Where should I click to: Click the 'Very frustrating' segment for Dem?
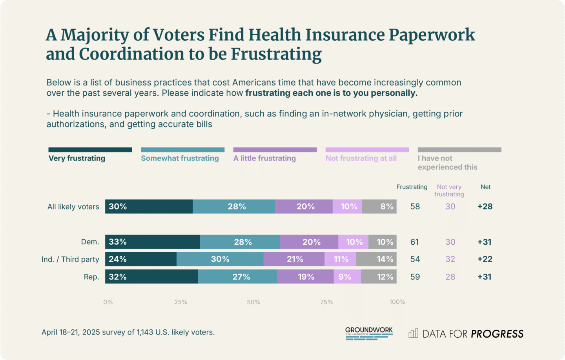point(152,242)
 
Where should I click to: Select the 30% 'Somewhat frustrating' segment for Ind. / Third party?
point(220,259)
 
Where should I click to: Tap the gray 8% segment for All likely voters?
point(379,207)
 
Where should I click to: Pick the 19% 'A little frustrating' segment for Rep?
point(305,277)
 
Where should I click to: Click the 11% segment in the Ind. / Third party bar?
point(340,259)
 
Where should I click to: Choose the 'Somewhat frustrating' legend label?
point(180,158)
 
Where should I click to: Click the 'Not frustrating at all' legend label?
point(361,158)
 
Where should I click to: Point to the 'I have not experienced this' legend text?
point(447,163)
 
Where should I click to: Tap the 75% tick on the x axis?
point(326,302)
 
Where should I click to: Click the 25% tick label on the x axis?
point(180,302)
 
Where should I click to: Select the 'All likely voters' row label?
point(73,207)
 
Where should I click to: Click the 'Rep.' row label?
point(91,277)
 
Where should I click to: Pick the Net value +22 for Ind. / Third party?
point(485,259)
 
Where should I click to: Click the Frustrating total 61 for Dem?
point(415,242)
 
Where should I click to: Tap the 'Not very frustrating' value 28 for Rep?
point(450,277)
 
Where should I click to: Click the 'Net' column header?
point(485,187)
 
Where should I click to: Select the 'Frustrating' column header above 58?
point(412,187)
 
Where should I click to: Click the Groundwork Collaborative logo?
point(369,333)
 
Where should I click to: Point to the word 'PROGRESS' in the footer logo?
point(497,334)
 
